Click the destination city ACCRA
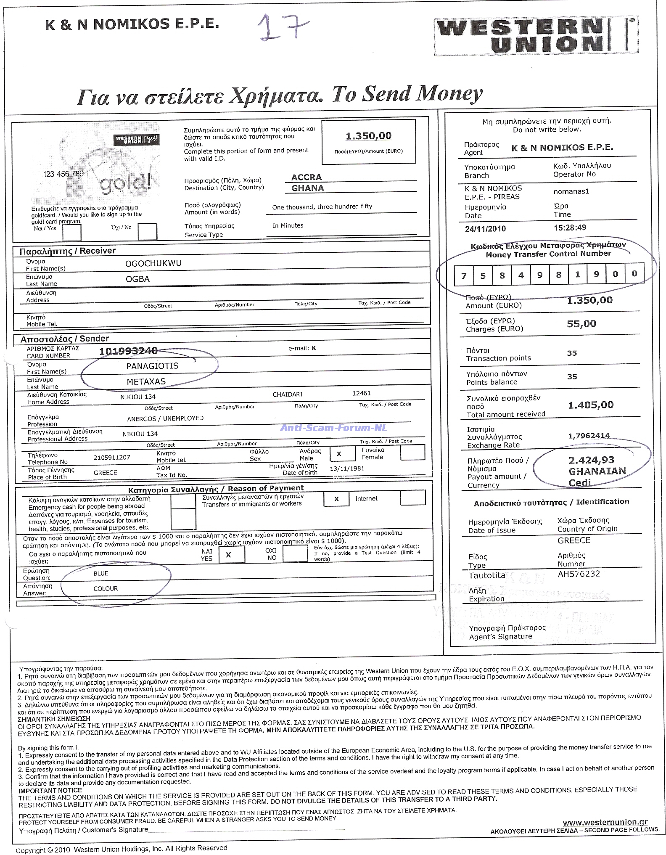click(307, 177)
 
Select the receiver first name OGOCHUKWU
click(153, 263)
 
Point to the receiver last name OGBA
click(137, 279)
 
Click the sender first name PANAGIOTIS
click(152, 366)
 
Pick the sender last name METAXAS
click(146, 381)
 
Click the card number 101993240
click(128, 351)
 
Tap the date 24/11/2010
click(485, 229)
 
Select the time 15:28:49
click(570, 228)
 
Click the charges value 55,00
click(581, 324)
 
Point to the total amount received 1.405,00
click(590, 405)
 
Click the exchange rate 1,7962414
click(589, 436)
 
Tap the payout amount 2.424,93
click(591, 460)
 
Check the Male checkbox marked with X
click(339, 454)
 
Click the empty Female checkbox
click(412, 453)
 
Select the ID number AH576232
click(579, 574)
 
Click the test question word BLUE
click(101, 574)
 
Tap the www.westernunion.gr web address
click(605, 822)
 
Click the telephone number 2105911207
click(111, 457)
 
